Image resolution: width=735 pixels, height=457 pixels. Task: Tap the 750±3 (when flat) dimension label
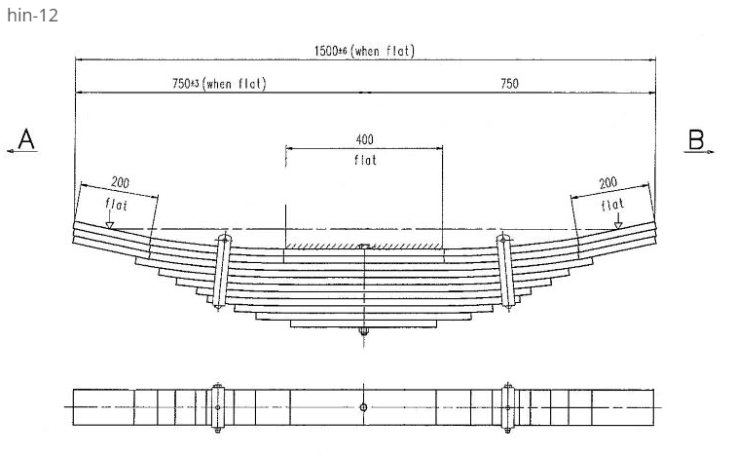click(218, 84)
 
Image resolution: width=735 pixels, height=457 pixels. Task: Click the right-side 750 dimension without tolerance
click(509, 84)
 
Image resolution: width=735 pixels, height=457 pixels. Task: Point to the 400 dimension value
click(364, 140)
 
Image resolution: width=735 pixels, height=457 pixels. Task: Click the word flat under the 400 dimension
click(364, 160)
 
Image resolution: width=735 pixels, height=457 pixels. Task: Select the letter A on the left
click(26, 139)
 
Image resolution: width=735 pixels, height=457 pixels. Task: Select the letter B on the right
click(696, 139)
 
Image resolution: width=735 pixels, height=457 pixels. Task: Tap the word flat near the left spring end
click(116, 205)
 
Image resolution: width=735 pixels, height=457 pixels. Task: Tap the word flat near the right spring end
click(613, 205)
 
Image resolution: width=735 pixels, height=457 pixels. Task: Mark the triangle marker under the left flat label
click(111, 224)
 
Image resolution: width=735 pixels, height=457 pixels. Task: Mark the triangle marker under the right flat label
click(618, 224)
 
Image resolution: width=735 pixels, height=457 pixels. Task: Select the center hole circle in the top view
click(363, 407)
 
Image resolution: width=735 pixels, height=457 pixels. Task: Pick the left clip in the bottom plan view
click(218, 406)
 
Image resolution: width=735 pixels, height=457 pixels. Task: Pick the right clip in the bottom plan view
click(507, 406)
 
